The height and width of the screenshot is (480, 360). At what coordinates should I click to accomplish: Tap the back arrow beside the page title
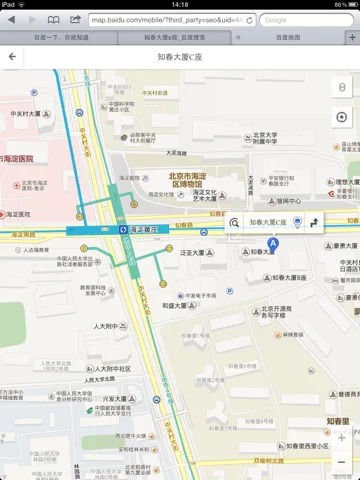(12, 57)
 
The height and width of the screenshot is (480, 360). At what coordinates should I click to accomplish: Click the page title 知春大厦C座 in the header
(179, 57)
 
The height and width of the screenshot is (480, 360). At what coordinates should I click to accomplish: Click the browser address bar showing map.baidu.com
(171, 19)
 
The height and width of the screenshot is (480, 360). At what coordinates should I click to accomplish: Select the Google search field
(305, 19)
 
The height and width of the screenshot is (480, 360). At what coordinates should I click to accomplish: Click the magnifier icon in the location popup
(235, 223)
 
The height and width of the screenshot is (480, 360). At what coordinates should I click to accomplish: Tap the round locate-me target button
(342, 117)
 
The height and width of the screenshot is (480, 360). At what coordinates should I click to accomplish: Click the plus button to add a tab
(350, 36)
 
